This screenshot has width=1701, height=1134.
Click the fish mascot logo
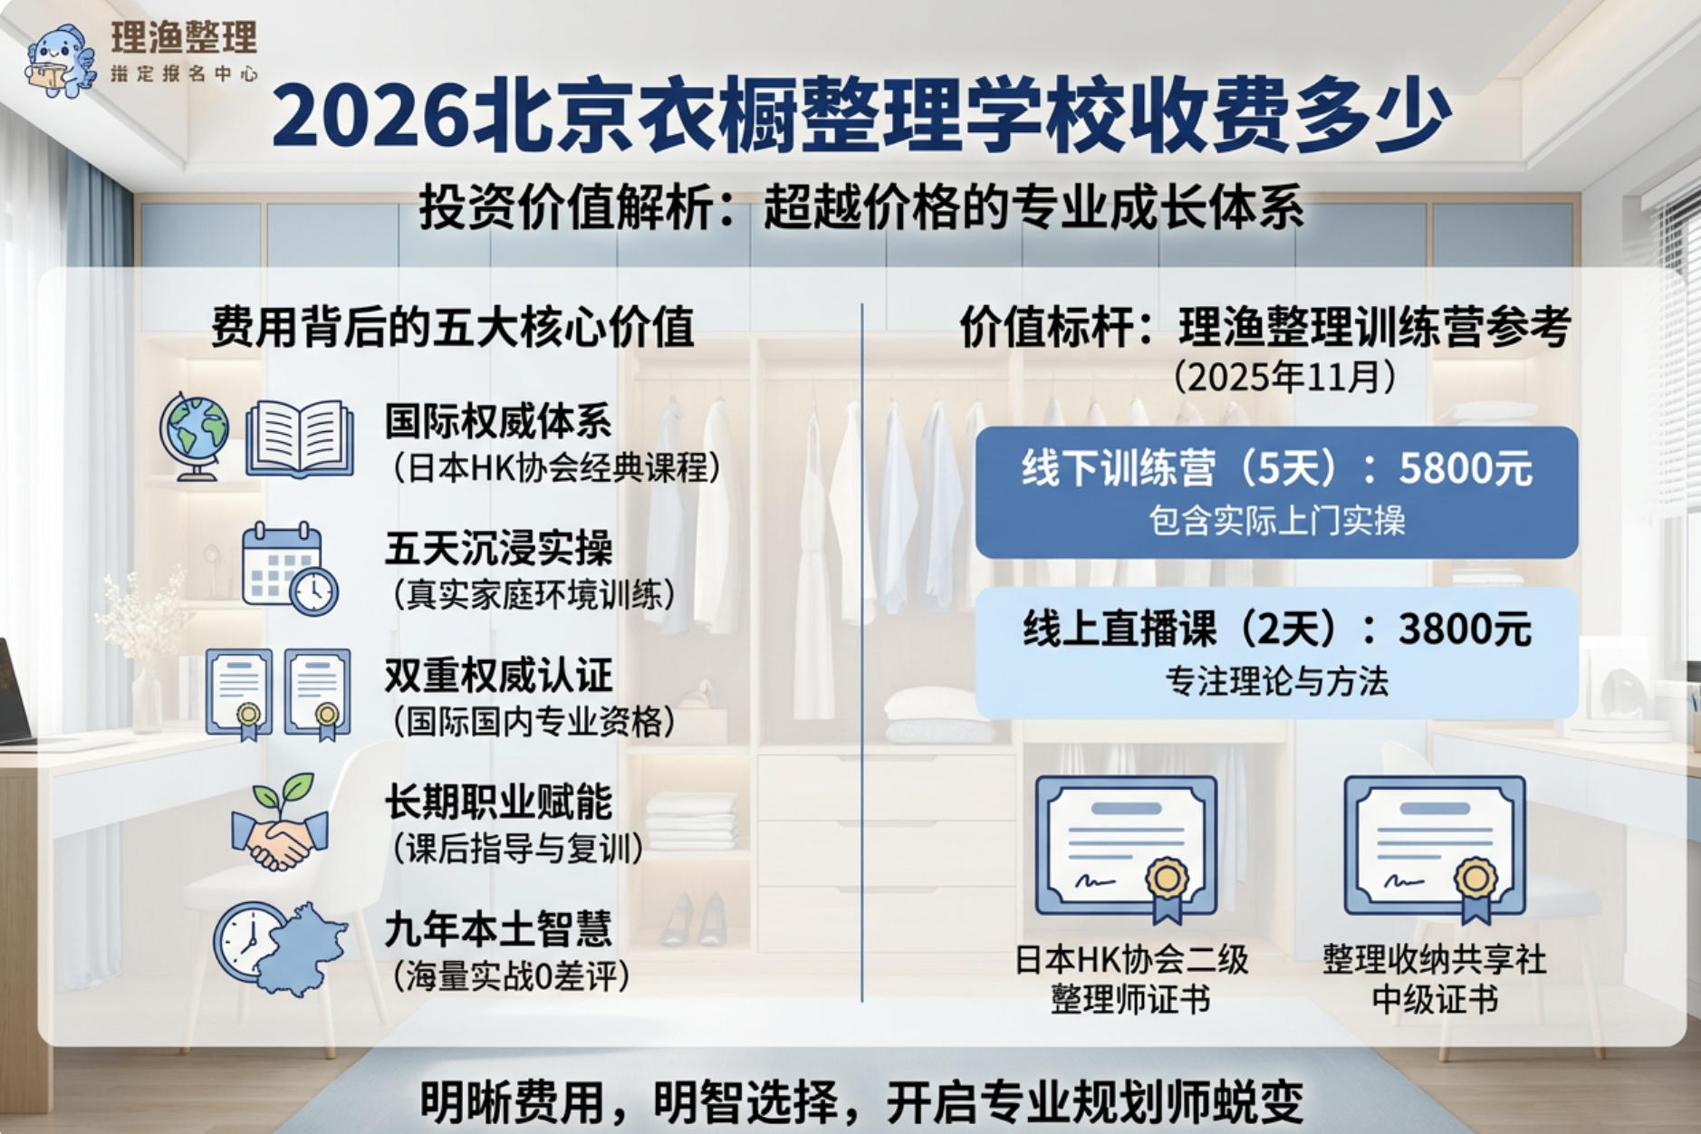pos(60,62)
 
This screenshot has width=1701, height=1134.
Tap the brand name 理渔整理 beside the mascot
pos(184,38)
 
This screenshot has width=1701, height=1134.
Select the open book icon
pos(300,438)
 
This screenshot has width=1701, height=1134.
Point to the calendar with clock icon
pos(289,569)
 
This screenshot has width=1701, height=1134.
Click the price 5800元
pos(1465,468)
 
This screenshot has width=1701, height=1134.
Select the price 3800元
pos(1464,629)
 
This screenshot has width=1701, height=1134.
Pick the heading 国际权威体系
pos(498,421)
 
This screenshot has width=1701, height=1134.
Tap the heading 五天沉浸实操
pos(498,548)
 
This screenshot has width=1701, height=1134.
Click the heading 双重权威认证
pos(498,675)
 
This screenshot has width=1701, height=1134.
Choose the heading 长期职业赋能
pos(498,802)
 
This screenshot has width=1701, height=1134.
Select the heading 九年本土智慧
pos(498,928)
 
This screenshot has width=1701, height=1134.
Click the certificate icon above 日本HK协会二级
pos(1126,847)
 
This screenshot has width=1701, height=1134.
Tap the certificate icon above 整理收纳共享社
pos(1434,847)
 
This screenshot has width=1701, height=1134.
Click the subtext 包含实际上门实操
pos(1276,521)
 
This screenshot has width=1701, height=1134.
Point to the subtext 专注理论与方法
pos(1276,681)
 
